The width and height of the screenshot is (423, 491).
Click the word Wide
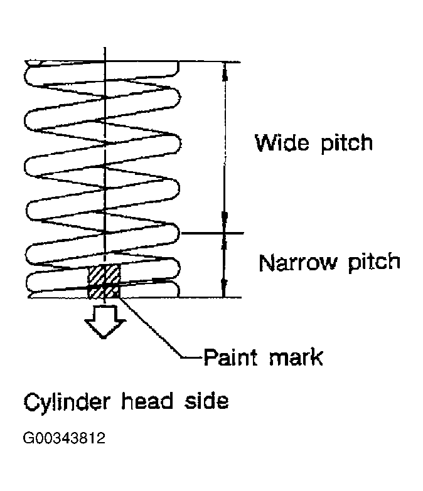(282, 143)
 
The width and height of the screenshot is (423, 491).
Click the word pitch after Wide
(347, 144)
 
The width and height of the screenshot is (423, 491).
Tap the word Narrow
(298, 262)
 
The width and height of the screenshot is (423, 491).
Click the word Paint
(230, 357)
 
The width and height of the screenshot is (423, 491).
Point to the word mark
(296, 357)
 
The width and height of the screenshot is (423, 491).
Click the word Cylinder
(67, 403)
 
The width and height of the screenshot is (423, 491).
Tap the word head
(147, 401)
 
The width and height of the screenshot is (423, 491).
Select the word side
(206, 401)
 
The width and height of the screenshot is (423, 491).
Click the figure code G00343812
(64, 438)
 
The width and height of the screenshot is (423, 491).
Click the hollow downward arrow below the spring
(105, 322)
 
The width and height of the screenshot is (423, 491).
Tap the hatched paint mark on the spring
(104, 281)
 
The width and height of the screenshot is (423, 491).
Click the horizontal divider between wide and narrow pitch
(212, 233)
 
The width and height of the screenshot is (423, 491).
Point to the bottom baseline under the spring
(135, 297)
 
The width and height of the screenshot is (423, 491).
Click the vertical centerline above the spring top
(105, 54)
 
